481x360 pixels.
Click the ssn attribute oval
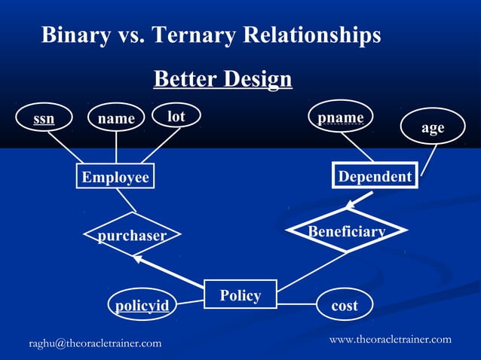click(44, 118)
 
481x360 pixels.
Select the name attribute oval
click(116, 118)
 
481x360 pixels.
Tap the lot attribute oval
click(176, 117)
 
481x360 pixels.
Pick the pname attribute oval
click(341, 118)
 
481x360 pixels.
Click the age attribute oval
click(432, 128)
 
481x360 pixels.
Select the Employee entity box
click(115, 177)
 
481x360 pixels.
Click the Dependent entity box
click(375, 176)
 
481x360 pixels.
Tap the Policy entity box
click(240, 294)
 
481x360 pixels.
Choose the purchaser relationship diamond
click(132, 236)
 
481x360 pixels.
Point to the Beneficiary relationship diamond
click(347, 230)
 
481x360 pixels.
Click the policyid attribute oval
click(142, 305)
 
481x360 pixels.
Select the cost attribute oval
click(345, 305)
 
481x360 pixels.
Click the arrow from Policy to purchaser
click(170, 271)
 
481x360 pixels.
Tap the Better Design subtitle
click(222, 78)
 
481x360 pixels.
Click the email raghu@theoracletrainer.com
click(95, 343)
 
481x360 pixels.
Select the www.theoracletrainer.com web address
click(391, 339)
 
